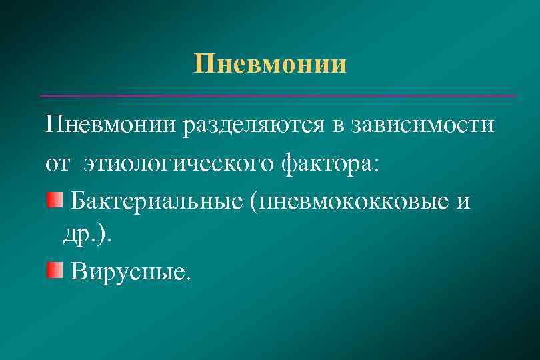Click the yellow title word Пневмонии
pos(270,65)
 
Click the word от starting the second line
pos(58,163)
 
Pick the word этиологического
pos(178,164)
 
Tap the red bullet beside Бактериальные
pos(53,198)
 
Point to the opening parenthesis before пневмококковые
pos(254,201)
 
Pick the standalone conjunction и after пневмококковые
pos(463,201)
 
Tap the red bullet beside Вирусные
pos(53,270)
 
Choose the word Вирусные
pos(127,272)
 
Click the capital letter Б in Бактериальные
pos(78,199)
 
